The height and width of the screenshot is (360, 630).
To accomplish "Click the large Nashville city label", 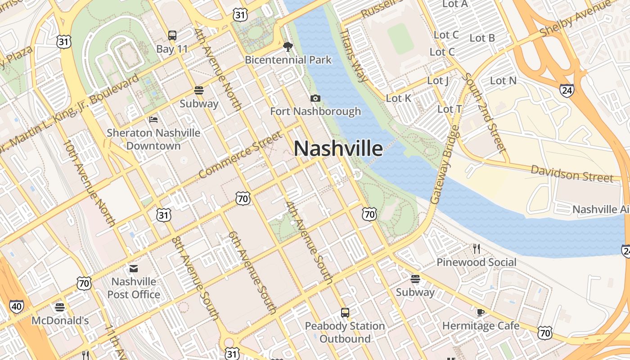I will click(x=338, y=148).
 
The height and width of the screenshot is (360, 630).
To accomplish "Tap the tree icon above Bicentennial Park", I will click(x=288, y=46).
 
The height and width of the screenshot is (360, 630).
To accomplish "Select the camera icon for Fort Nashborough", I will click(x=315, y=98).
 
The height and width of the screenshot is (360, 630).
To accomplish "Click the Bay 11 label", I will click(x=172, y=49).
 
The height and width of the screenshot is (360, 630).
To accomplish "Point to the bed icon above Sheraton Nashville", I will click(x=153, y=120).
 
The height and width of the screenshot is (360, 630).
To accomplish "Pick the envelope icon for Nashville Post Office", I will click(x=134, y=269).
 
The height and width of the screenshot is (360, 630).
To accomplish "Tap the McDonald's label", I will click(x=60, y=320).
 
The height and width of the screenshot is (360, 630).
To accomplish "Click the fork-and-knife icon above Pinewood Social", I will click(x=477, y=248).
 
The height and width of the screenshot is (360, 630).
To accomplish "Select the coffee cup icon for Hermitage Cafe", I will click(x=481, y=312).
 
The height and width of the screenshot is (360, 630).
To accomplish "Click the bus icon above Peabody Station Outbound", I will click(x=345, y=312).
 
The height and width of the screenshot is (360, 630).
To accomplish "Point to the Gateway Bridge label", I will click(x=445, y=165).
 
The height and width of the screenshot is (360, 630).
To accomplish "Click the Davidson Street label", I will click(x=571, y=173).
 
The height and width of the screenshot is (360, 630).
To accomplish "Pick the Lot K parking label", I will click(x=399, y=98).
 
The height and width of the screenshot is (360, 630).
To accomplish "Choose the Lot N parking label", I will click(x=503, y=81).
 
